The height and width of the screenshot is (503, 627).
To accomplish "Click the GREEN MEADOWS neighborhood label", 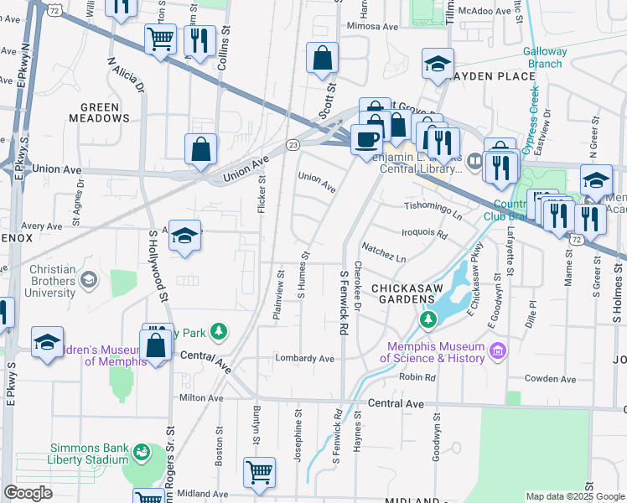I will click(x=105, y=113).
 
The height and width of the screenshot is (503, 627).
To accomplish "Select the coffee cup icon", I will click(x=365, y=138).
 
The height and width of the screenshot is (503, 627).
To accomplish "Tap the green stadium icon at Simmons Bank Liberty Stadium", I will click(x=142, y=453).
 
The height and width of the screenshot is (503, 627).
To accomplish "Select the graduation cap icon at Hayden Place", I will click(x=438, y=65).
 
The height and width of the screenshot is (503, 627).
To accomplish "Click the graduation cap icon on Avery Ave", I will click(x=186, y=236).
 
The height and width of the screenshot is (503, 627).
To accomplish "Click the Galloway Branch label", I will click(x=545, y=57).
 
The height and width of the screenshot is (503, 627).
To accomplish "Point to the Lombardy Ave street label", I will click(x=304, y=359).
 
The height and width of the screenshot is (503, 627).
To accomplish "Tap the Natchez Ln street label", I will click(x=383, y=252).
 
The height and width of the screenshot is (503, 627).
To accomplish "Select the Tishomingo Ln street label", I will click(x=433, y=210).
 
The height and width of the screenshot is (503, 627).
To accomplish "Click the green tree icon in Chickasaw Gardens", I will click(x=428, y=319).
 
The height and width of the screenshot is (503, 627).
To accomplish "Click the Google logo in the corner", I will click(x=28, y=493).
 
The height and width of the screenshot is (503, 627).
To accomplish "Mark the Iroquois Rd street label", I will click(x=425, y=232).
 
